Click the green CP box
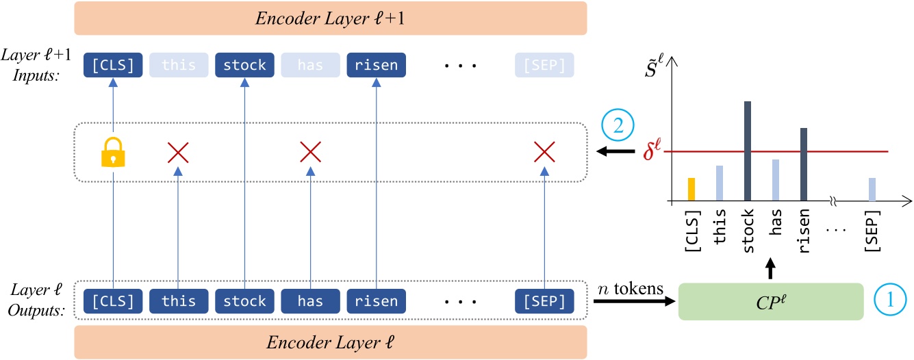coord(772,301)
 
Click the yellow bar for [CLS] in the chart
coord(691,190)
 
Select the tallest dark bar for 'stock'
coord(748,151)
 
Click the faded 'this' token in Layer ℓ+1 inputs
coord(178,66)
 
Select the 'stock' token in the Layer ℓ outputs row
coord(244,301)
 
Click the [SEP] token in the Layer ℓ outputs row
coord(544,301)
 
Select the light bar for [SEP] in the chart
coord(872,190)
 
